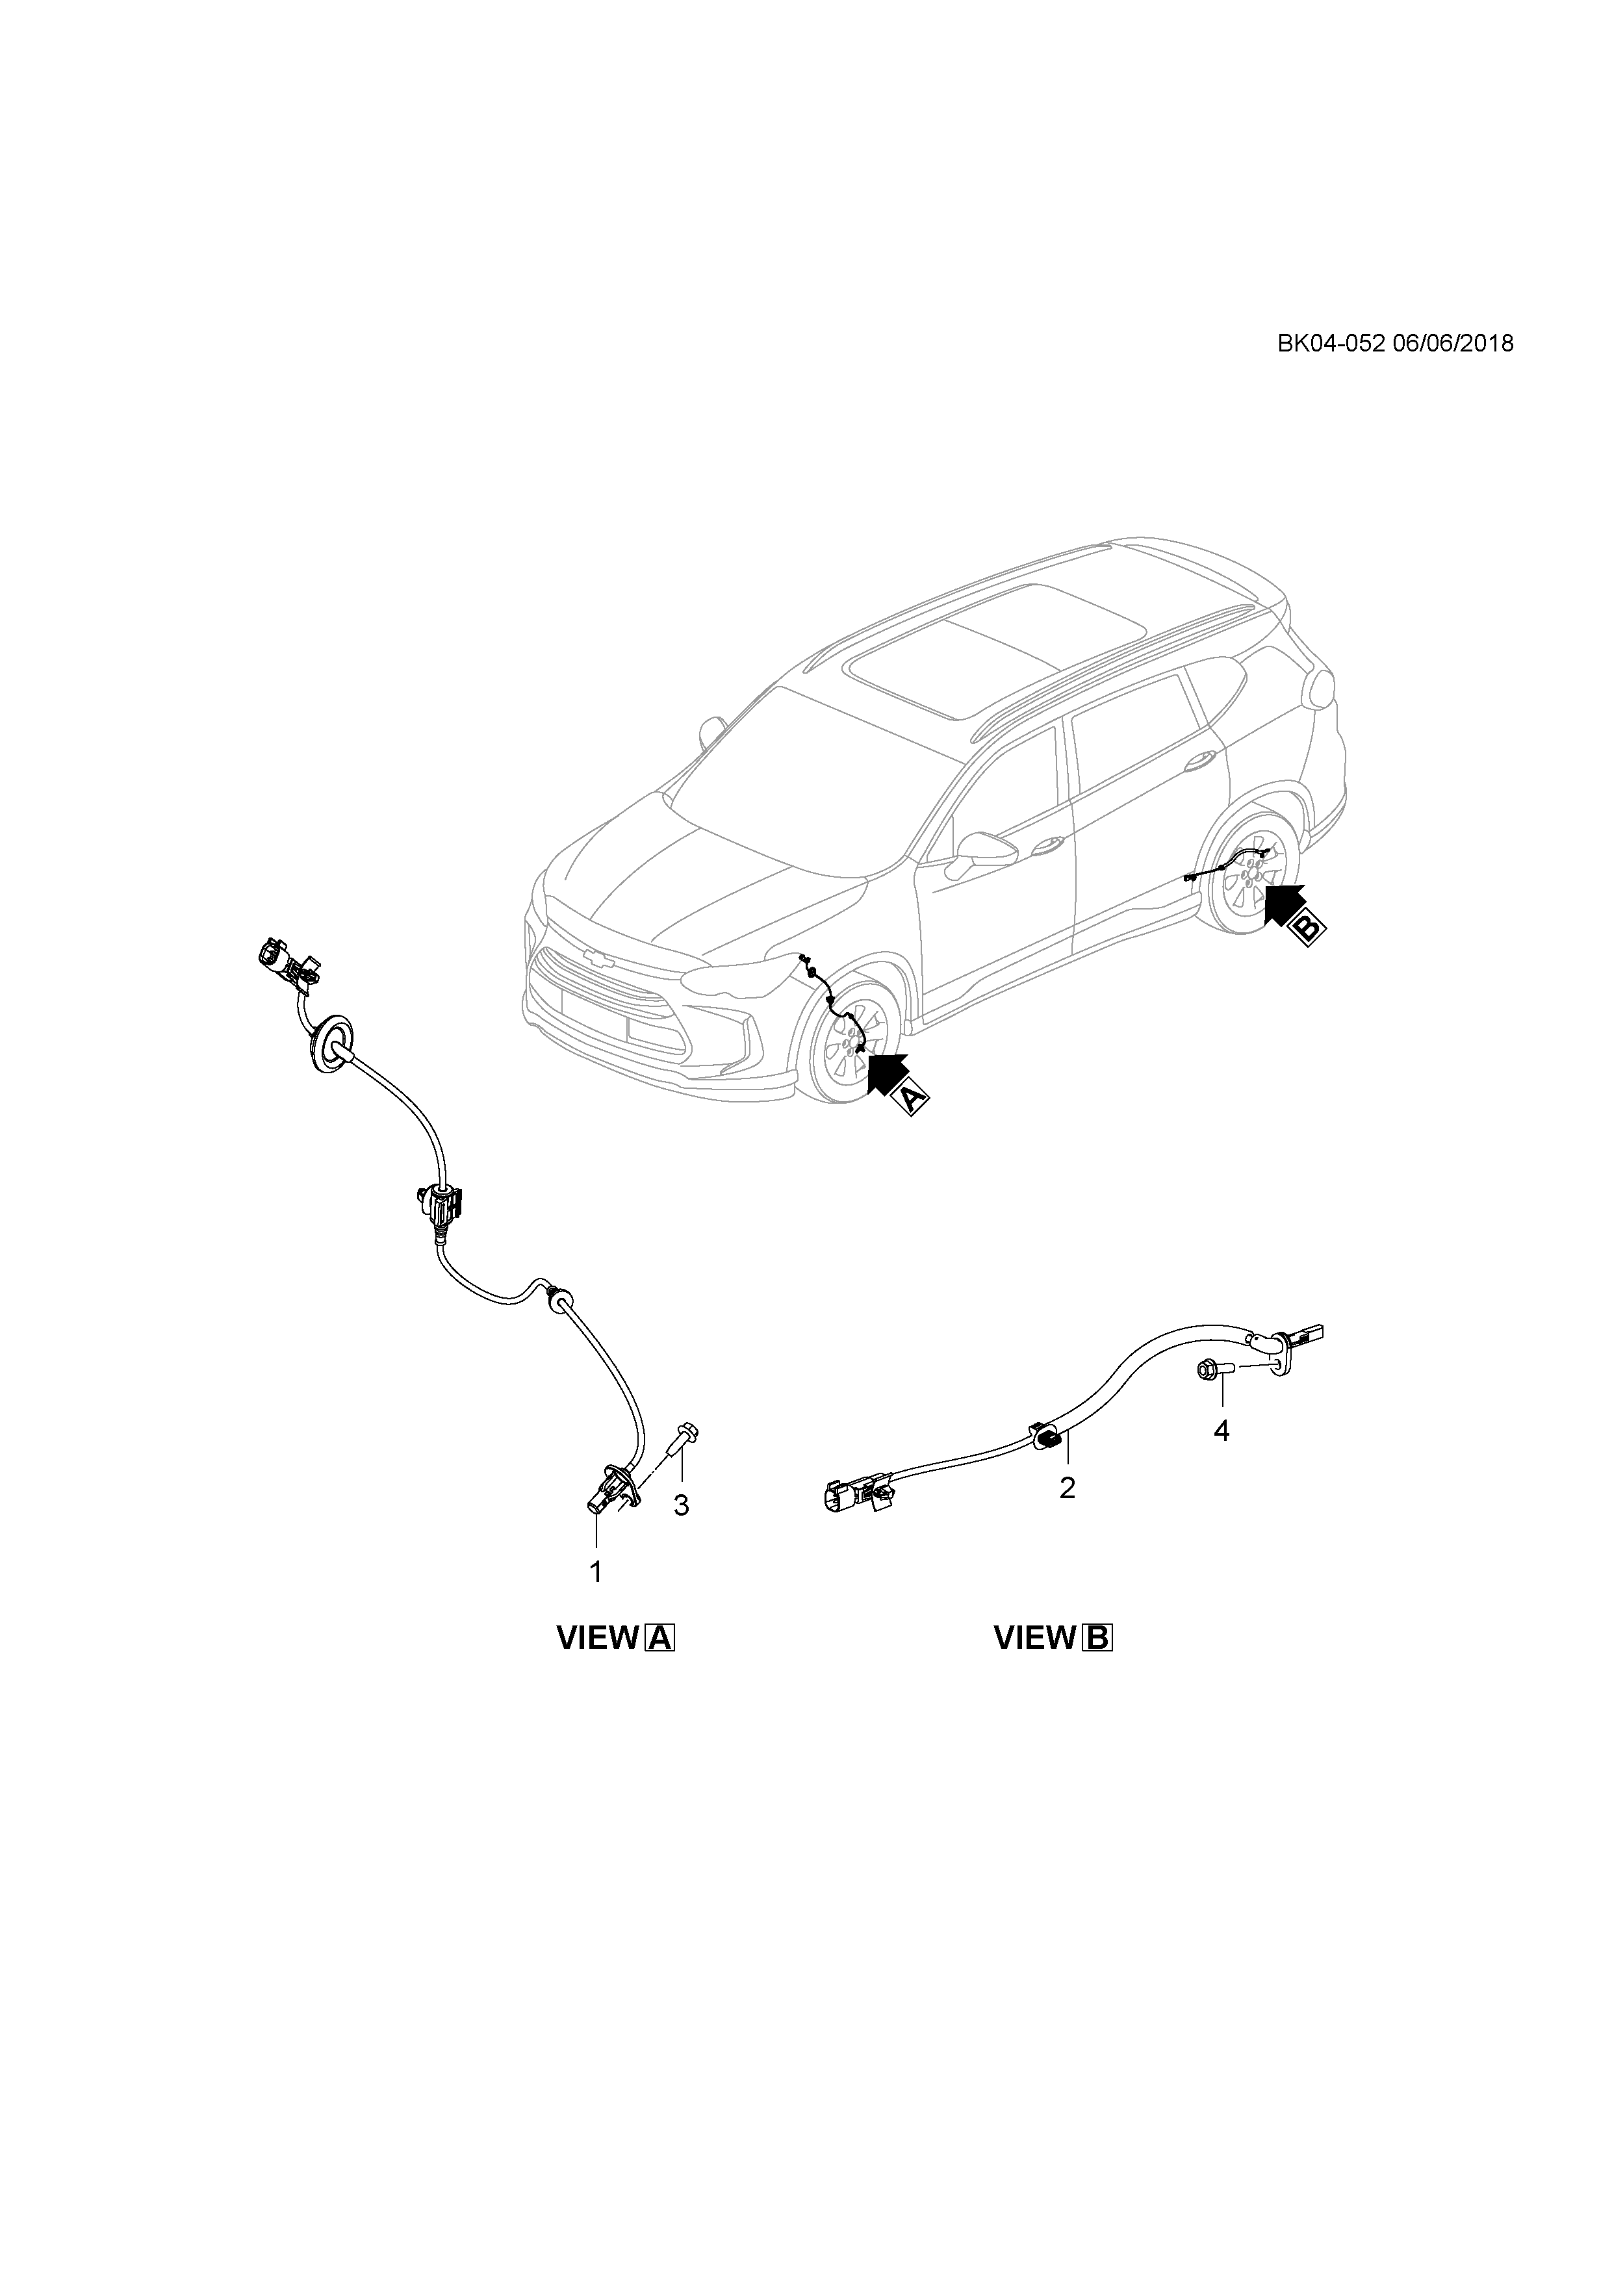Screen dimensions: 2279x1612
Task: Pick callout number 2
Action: [x=1067, y=1516]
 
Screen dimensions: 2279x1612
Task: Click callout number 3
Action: [x=681, y=1506]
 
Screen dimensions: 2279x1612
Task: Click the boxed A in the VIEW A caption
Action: [x=660, y=1638]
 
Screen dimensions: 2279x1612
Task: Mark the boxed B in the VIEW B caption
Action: [x=1098, y=1638]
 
